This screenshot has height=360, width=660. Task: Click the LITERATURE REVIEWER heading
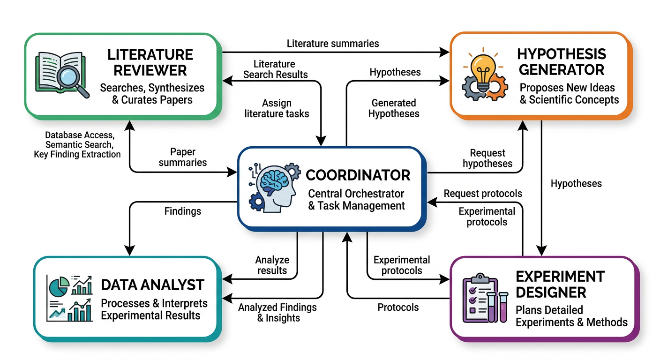[150, 62]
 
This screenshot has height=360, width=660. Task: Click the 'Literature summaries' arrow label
[333, 44]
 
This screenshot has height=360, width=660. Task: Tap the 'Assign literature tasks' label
[277, 108]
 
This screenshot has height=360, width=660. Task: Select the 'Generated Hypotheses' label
[394, 108]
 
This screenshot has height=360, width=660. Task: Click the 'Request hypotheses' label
[487, 158]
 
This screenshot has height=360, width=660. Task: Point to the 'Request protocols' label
[483, 193]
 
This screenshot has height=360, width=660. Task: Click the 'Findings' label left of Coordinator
[183, 211]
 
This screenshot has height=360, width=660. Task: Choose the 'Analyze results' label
[272, 265]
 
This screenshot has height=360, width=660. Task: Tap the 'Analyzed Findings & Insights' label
[277, 313]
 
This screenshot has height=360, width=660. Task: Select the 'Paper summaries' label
[183, 157]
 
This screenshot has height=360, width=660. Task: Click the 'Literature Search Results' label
[275, 69]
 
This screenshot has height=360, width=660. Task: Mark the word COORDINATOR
[358, 176]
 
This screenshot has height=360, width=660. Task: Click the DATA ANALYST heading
[153, 285]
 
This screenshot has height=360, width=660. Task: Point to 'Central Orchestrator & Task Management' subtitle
[356, 200]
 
